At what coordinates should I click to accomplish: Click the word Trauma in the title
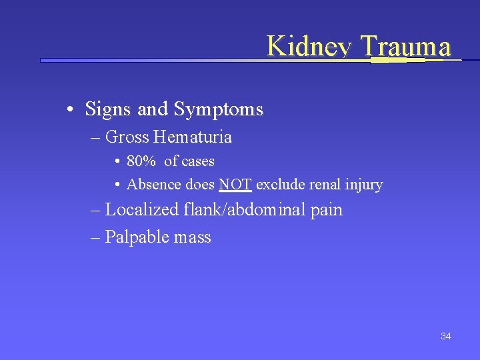click(405, 47)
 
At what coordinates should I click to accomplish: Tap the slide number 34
click(446, 336)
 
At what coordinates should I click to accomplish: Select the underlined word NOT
click(235, 184)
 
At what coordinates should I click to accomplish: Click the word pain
click(326, 211)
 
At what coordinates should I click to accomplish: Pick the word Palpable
click(138, 237)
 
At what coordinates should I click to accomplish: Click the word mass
click(193, 238)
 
